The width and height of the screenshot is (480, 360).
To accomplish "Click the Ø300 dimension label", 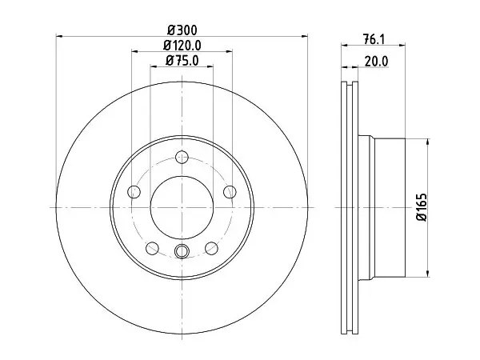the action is (x=182, y=30).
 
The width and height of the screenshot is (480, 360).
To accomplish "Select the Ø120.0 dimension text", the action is (x=182, y=46).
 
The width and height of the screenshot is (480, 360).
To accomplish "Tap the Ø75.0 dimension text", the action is (x=182, y=61).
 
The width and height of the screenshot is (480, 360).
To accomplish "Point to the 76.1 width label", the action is (x=373, y=39).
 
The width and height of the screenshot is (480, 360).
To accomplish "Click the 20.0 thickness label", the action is (x=376, y=62).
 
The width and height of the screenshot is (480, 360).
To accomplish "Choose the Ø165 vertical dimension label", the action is (x=422, y=207).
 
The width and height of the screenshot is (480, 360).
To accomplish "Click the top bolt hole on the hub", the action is (x=182, y=157).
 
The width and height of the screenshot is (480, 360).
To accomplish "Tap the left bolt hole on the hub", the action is (x=134, y=192).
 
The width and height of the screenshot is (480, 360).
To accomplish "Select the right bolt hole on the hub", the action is (x=230, y=192).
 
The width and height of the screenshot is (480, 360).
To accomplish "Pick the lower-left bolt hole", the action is (x=152, y=248).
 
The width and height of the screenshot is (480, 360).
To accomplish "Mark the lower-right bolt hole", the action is (x=211, y=248).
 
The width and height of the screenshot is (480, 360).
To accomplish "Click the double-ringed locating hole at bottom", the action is (x=182, y=251).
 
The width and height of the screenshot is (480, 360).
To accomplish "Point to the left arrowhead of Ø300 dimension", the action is (x=59, y=37).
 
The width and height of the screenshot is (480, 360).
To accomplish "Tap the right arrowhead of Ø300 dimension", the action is (x=304, y=37).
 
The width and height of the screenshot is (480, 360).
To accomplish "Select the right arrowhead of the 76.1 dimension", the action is (x=402, y=46).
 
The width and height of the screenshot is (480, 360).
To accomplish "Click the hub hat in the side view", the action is (x=382, y=208).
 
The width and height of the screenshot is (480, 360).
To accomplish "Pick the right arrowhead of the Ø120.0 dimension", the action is (x=229, y=51).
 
